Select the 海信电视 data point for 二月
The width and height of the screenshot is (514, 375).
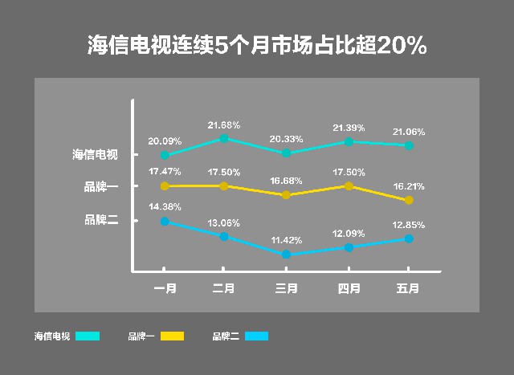224,139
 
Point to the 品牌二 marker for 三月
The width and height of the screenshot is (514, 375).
286,255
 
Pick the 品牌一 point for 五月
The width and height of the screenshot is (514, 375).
409,200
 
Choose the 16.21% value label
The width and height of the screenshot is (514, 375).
409,186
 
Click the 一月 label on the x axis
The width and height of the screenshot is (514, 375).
165,287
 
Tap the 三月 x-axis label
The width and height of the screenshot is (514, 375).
286,287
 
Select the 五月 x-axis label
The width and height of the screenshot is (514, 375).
409,287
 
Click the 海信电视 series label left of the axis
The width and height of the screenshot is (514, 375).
95,155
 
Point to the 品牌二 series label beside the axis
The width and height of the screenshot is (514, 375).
101,218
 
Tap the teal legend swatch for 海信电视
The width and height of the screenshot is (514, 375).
88,336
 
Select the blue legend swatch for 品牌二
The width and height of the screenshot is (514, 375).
256,336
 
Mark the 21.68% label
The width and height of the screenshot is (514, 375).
224,124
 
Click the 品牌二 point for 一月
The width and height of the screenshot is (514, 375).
165,222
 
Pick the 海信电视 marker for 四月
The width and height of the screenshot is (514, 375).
349,141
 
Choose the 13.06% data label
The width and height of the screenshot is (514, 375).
224,222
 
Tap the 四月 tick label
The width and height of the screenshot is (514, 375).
349,287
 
